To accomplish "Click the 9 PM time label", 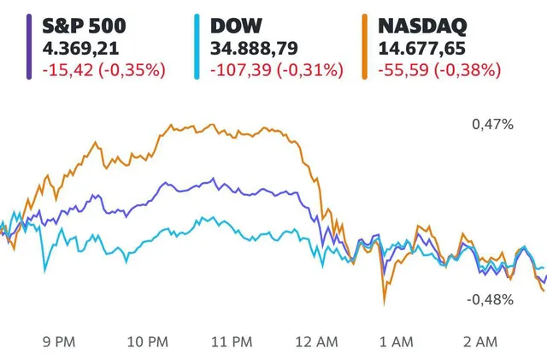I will (58, 342).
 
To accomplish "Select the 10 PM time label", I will (147, 342).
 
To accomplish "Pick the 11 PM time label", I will (231, 342).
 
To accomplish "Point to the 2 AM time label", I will (481, 342).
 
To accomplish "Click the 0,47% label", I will (492, 125).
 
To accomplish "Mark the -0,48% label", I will (490, 299).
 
